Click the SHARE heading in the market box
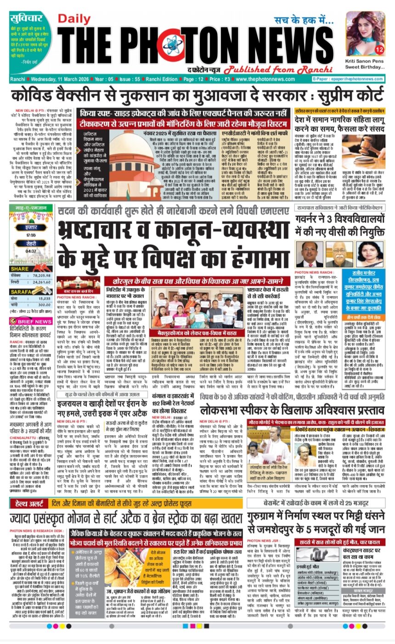coord(20,268)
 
